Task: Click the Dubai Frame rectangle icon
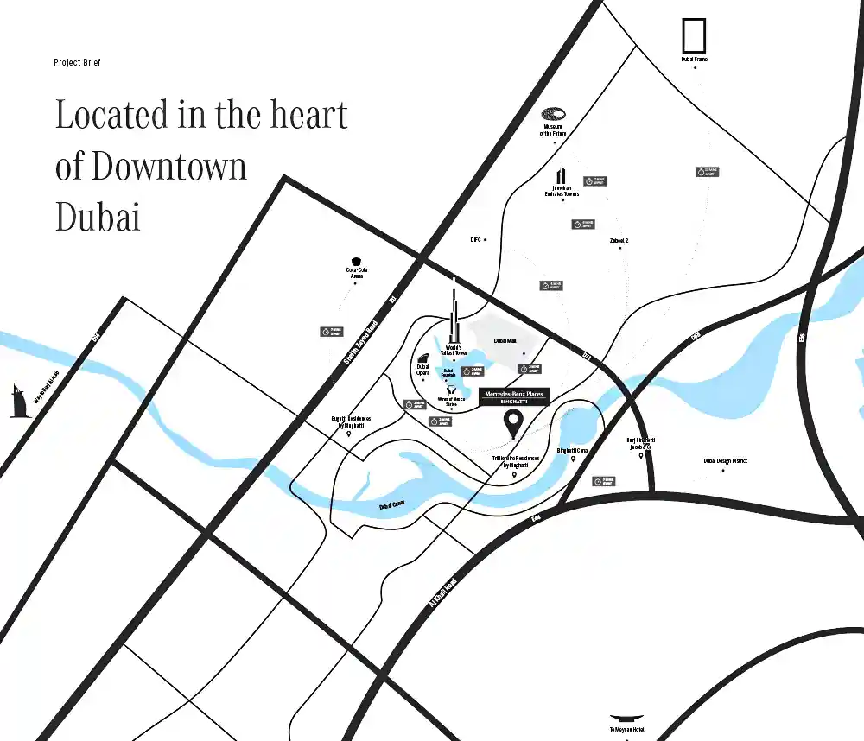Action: pos(694,36)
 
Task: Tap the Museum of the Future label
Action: pos(552,130)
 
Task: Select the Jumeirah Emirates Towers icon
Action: pos(562,174)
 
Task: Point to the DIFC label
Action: pos(474,240)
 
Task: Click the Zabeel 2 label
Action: pos(619,241)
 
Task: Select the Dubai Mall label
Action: pos(505,341)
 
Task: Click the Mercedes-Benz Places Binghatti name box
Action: pos(515,397)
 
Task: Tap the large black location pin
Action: pos(514,423)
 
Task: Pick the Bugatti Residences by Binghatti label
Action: pos(350,421)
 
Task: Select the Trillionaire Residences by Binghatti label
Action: pos(516,462)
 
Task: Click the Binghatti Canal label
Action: pos(573,451)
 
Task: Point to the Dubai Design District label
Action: pos(725,461)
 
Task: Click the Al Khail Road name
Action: pos(442,592)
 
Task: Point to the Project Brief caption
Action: pos(78,63)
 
